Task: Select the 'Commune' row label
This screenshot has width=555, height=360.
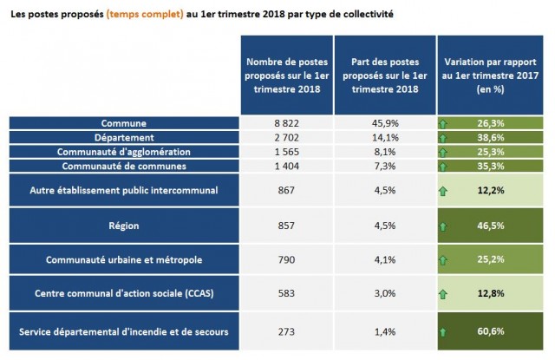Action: point(123,124)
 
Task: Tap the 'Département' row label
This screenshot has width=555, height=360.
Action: point(123,138)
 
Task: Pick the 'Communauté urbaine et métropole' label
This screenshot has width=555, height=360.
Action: point(123,259)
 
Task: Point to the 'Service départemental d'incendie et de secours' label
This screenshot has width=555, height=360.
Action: point(123,331)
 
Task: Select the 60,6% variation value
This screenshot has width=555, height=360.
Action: point(491,331)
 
